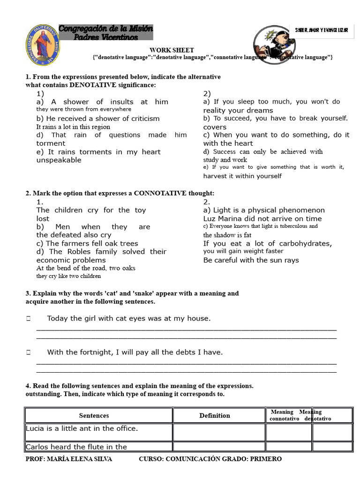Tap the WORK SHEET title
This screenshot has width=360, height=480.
[x=172, y=50]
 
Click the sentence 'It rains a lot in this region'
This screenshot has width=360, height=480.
[x=73, y=127]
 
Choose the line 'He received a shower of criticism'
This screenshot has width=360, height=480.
[x=98, y=119]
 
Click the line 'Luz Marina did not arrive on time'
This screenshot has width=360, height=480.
[x=262, y=218]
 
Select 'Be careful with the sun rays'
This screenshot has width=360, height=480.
[x=251, y=260]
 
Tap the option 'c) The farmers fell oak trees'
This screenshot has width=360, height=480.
[x=87, y=243]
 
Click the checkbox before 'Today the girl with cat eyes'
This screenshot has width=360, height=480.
[x=29, y=319]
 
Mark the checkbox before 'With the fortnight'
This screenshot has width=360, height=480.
[x=29, y=352]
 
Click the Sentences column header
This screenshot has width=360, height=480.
[x=94, y=415]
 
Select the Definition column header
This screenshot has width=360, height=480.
[x=215, y=415]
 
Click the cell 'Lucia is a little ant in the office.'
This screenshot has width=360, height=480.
[x=82, y=428]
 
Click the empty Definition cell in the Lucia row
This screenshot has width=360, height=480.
[x=219, y=432]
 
